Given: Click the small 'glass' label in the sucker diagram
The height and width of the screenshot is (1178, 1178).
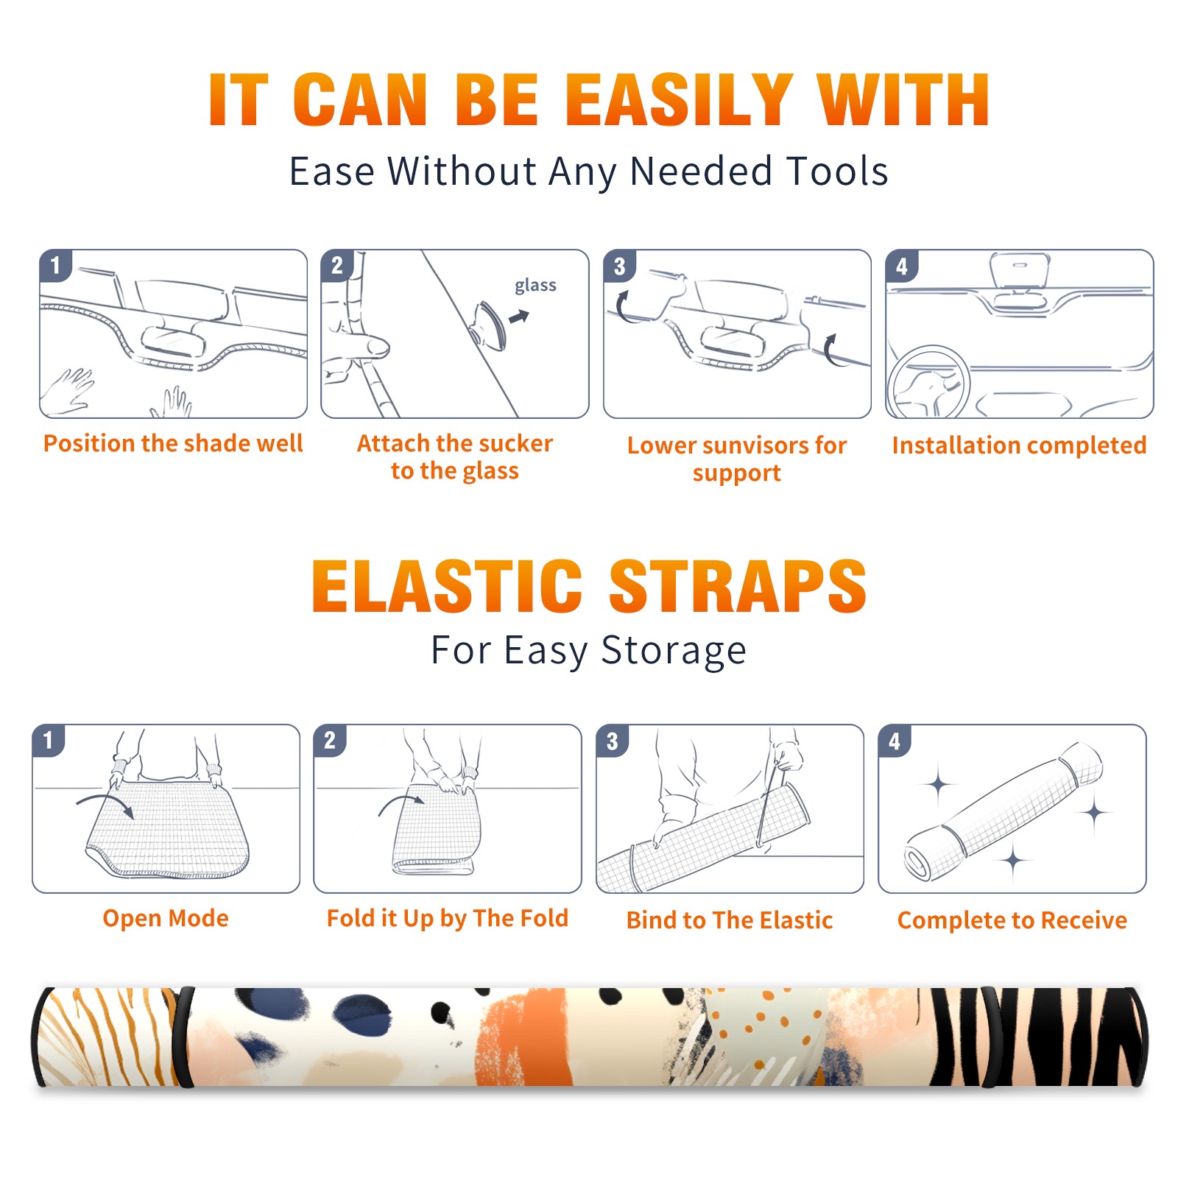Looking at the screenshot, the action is click(535, 285).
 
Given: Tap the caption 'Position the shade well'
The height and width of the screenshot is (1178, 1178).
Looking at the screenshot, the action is click(173, 443).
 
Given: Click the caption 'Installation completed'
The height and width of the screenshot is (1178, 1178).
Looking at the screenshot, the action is click(1019, 445).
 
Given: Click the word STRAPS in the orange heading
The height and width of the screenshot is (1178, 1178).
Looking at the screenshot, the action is click(738, 586).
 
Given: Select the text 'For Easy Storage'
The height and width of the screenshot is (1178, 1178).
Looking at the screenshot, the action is click(589, 650).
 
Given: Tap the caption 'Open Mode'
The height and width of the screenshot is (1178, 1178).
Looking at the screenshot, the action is click(166, 918).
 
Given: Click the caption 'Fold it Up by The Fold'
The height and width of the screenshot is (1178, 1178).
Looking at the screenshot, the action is click(448, 918).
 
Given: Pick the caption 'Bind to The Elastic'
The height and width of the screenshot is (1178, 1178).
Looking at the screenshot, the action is click(730, 920).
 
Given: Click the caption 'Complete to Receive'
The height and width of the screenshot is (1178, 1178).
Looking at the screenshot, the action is click(1012, 920).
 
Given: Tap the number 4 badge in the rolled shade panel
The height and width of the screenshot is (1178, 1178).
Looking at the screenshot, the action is click(895, 741).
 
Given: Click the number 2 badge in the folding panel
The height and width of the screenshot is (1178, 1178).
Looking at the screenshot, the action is click(330, 741).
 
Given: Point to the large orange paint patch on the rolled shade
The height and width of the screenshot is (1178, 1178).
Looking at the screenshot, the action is click(524, 1038).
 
